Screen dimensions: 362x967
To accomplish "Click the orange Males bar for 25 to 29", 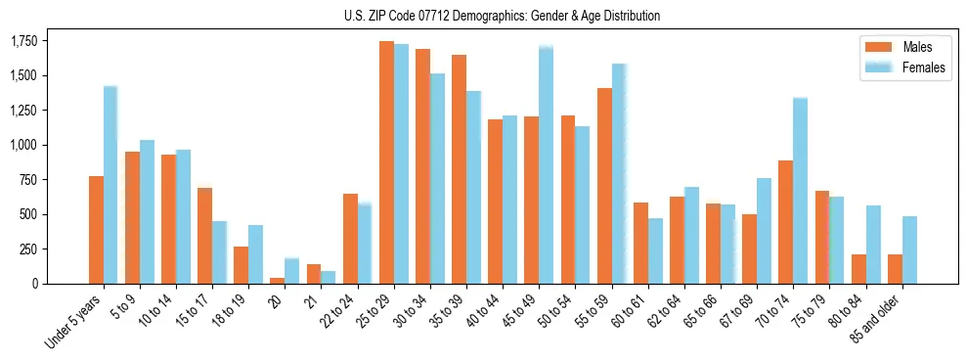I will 386,162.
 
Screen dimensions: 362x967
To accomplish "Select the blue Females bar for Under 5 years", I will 110,185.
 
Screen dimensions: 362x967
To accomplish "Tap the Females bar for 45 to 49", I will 546,165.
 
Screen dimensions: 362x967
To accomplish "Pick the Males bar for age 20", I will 278,281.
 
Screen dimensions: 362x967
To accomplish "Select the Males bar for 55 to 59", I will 604,186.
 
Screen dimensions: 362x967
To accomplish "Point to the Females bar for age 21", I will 329,278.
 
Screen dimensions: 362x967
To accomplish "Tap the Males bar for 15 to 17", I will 205,236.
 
